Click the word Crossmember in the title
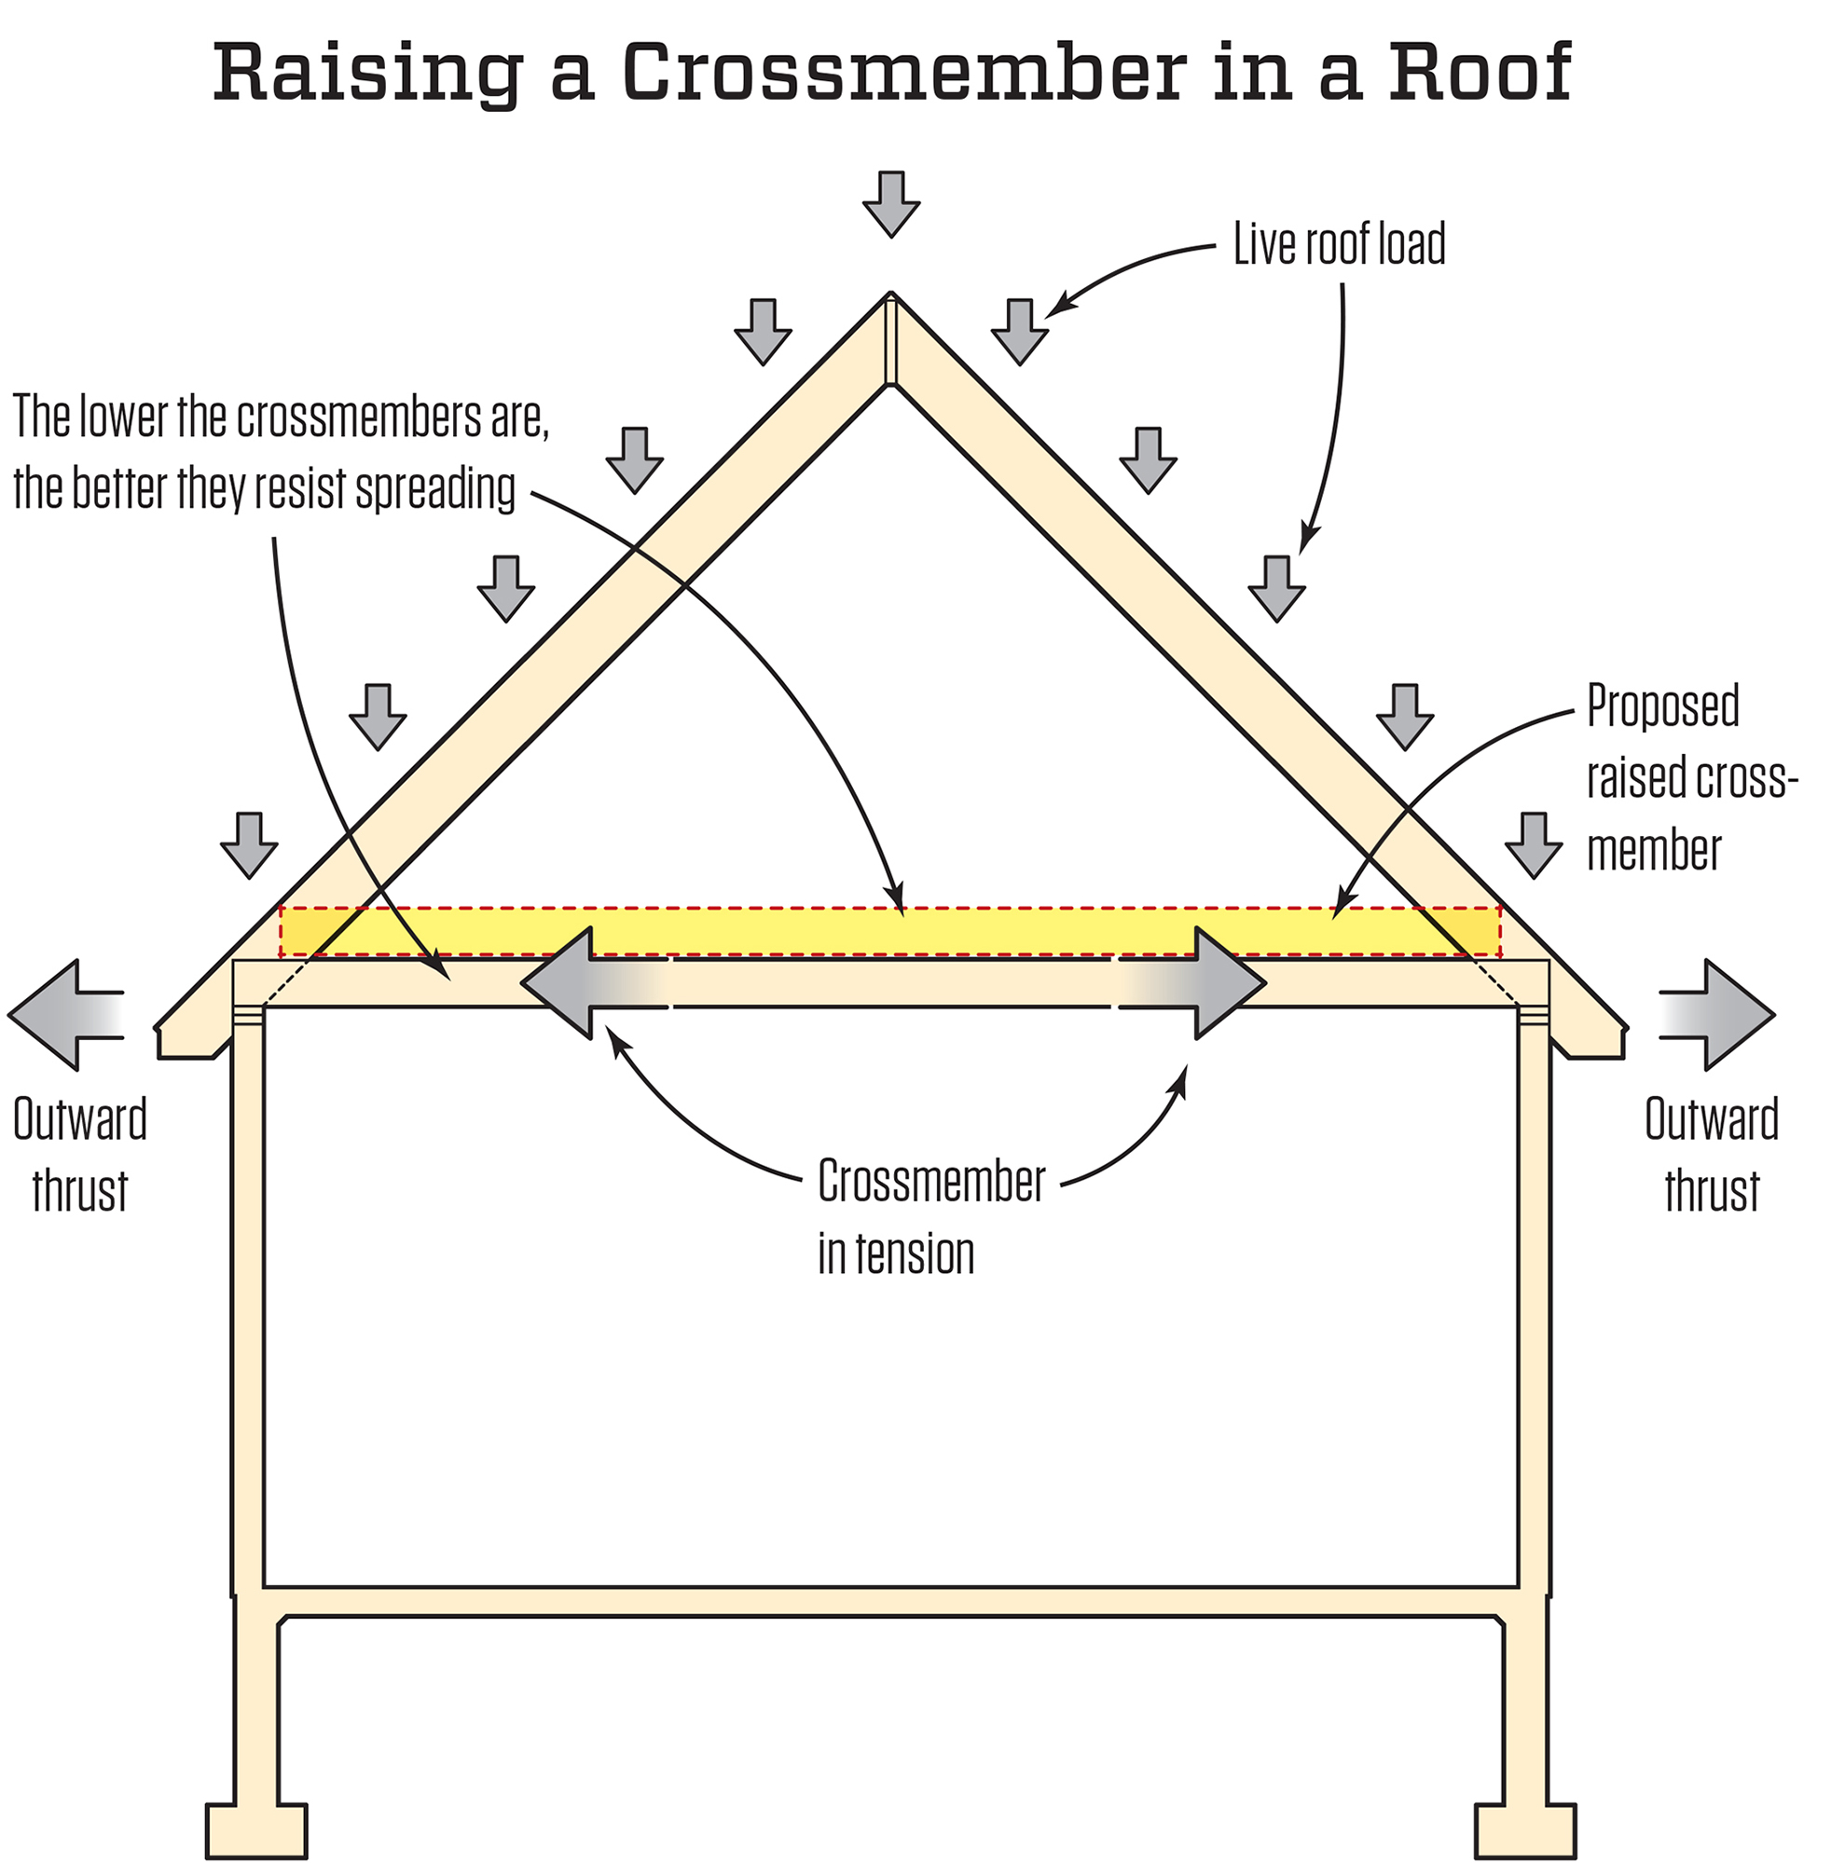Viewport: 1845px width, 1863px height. tap(903, 73)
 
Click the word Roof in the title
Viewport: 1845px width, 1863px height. tap(1480, 73)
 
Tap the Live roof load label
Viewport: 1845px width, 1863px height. tap(1339, 244)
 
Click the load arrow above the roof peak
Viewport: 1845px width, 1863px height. tap(890, 203)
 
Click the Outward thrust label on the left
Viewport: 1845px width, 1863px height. tap(80, 1156)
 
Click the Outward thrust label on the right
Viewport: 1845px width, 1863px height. tap(1711, 1156)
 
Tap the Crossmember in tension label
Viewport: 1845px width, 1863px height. tap(930, 1216)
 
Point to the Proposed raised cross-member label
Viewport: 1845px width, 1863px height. tap(1689, 778)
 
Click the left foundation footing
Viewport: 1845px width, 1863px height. tap(256, 1830)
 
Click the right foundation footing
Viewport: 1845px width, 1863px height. tap(1526, 1830)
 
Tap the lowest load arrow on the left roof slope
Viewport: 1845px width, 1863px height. tap(249, 843)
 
